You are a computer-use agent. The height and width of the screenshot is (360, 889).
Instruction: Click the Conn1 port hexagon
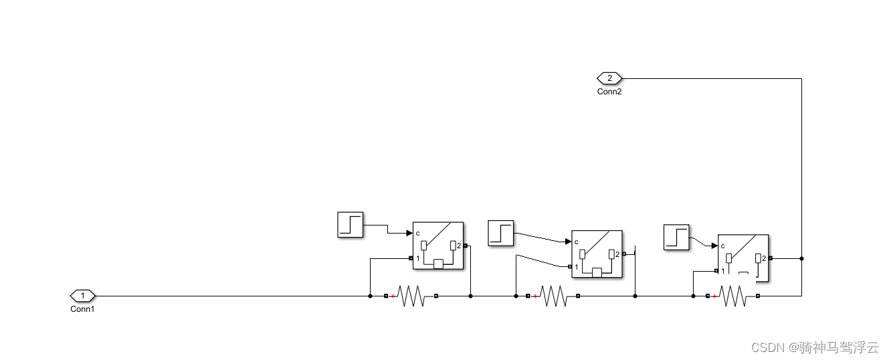pos(83,295)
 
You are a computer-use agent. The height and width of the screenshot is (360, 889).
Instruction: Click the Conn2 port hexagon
pos(609,78)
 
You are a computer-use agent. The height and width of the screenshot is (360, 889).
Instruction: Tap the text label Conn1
pos(82,309)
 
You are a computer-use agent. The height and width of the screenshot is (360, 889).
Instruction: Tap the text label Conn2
pos(609,92)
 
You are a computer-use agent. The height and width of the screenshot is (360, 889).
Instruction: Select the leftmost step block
pos(350,224)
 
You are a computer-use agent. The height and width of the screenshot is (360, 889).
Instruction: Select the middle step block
pos(501,233)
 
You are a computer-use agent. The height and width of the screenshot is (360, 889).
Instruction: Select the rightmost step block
pos(676,238)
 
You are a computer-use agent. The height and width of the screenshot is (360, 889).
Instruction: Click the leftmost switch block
pos(437,246)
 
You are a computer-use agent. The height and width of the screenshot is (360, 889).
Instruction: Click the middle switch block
pos(597,254)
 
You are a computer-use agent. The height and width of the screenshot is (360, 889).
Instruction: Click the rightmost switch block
pos(743,258)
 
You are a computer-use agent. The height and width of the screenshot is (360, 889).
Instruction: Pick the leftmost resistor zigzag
pos(411,296)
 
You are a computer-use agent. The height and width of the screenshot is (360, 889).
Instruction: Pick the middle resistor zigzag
pos(554,296)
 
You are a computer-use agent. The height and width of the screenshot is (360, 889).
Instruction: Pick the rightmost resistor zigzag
pos(733,296)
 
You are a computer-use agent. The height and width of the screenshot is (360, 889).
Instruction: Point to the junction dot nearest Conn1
pos(370,296)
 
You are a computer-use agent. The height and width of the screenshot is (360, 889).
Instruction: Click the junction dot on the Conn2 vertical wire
pos(801,258)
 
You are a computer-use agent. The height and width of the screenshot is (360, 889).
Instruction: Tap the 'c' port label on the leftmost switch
pos(417,234)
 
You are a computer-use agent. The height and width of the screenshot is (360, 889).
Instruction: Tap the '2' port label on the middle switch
pos(617,254)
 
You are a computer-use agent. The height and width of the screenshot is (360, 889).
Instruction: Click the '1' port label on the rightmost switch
pos(723,271)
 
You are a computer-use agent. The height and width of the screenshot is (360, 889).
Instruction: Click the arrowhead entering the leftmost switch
pos(409,233)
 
